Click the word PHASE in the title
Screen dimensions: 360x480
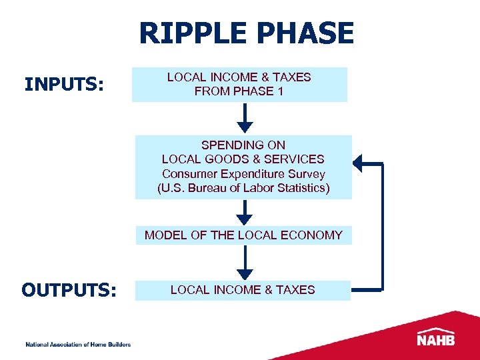pyautogui.click(x=307, y=34)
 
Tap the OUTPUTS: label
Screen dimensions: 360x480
pyautogui.click(x=69, y=291)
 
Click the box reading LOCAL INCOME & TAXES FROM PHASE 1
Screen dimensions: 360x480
pyautogui.click(x=239, y=85)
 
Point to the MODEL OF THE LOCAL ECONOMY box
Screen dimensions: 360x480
pyautogui.click(x=243, y=235)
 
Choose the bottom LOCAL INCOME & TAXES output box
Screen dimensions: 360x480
pyautogui.click(x=243, y=290)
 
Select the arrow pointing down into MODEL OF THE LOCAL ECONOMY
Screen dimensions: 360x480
pyautogui.click(x=245, y=212)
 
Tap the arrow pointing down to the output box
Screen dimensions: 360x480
pyautogui.click(x=245, y=263)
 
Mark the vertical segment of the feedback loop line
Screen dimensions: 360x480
pyautogui.click(x=383, y=227)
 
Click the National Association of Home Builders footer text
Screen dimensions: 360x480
pyautogui.click(x=78, y=344)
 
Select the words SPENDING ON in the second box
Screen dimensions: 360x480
pyautogui.click(x=243, y=145)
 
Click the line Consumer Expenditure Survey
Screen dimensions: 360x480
pyautogui.click(x=243, y=173)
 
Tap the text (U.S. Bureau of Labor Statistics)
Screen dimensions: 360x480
pyautogui.click(x=243, y=187)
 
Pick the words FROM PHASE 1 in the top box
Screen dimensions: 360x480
pyautogui.click(x=239, y=91)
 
